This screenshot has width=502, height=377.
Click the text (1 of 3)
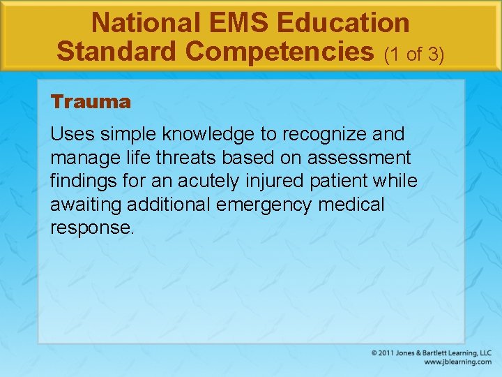(415, 53)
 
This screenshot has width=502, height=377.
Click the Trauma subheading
(91, 102)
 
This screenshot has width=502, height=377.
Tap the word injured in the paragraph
(270, 182)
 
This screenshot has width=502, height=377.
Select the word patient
(336, 182)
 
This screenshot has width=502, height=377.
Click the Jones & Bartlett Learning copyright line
(432, 353)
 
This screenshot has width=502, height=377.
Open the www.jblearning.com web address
(457, 362)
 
